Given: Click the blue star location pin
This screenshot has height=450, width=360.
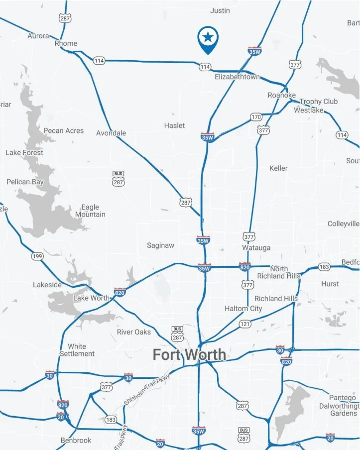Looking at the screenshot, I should [208, 38].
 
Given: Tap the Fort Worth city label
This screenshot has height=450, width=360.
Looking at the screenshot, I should [189, 355].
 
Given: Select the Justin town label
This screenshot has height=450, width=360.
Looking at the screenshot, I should [220, 10].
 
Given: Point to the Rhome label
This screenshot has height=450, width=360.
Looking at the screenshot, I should [66, 43].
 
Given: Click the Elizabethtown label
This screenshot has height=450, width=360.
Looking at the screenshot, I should [237, 77].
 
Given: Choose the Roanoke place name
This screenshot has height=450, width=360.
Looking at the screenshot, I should [281, 95].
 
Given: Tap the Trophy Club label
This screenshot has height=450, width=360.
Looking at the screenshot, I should [318, 102].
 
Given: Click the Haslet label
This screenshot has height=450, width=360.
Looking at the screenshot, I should [174, 125].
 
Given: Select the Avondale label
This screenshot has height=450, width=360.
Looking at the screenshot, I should [111, 133].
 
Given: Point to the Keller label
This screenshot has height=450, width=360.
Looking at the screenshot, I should [278, 168].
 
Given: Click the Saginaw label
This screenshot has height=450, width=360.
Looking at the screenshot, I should [160, 245].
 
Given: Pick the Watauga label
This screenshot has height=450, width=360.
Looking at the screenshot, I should [256, 247].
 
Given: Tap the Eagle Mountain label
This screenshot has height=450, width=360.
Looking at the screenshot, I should [90, 211].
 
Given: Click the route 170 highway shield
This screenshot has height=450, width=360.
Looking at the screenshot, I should [256, 117].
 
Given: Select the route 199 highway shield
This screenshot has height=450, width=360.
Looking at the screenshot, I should [36, 256].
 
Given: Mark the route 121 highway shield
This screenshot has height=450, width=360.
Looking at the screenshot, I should [244, 324].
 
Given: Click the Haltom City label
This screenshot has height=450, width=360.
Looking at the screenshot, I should [243, 309].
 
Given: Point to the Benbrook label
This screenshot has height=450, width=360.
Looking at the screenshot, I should [76, 441].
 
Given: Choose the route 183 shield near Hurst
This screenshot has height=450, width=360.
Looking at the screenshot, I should [324, 267].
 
